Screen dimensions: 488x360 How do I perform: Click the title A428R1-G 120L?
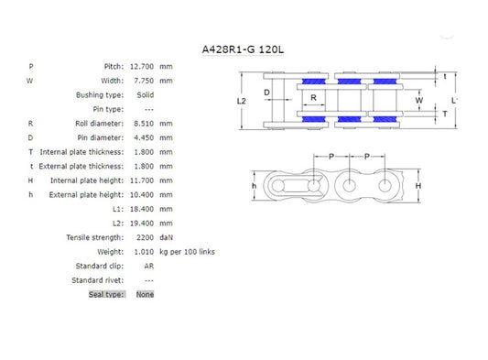coord(243,49)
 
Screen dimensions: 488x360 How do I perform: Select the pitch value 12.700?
coord(142,67)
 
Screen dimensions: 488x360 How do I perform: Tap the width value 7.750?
coord(144,81)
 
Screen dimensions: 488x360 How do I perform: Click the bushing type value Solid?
coord(146,95)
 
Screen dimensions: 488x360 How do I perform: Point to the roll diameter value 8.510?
coord(144,124)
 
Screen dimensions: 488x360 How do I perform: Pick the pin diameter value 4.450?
coord(144,138)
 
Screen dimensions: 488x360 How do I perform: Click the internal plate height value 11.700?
coord(142,180)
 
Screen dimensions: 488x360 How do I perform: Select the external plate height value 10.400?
coord(142,195)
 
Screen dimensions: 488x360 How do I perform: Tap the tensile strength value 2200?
coord(145,237)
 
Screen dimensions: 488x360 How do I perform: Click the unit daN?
coord(167,237)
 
